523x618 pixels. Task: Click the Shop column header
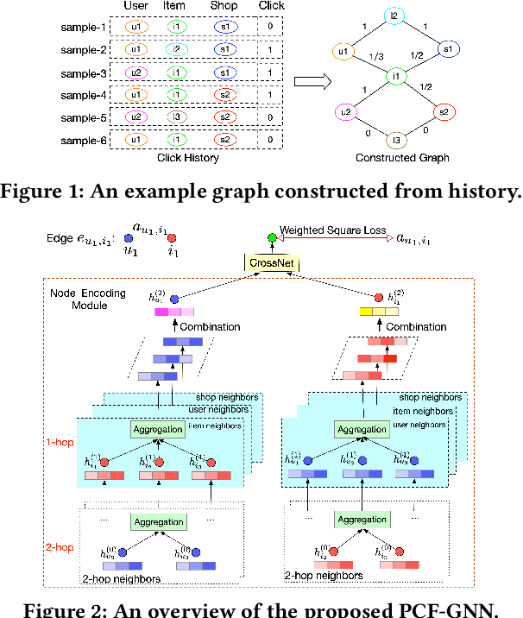pos(224,7)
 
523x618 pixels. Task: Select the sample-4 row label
pos(83,95)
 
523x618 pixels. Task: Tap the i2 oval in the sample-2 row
pos(175,50)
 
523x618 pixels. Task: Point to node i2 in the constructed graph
pos(394,16)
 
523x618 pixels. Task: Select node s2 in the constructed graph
pos(443,111)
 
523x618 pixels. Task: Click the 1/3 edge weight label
pos(375,58)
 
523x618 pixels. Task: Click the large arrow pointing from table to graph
pos(314,82)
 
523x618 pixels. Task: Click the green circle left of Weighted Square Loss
pos(274,237)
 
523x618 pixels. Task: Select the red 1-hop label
pos(58,440)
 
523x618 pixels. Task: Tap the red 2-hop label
pos(58,547)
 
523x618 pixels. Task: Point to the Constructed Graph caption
pos(401,158)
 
